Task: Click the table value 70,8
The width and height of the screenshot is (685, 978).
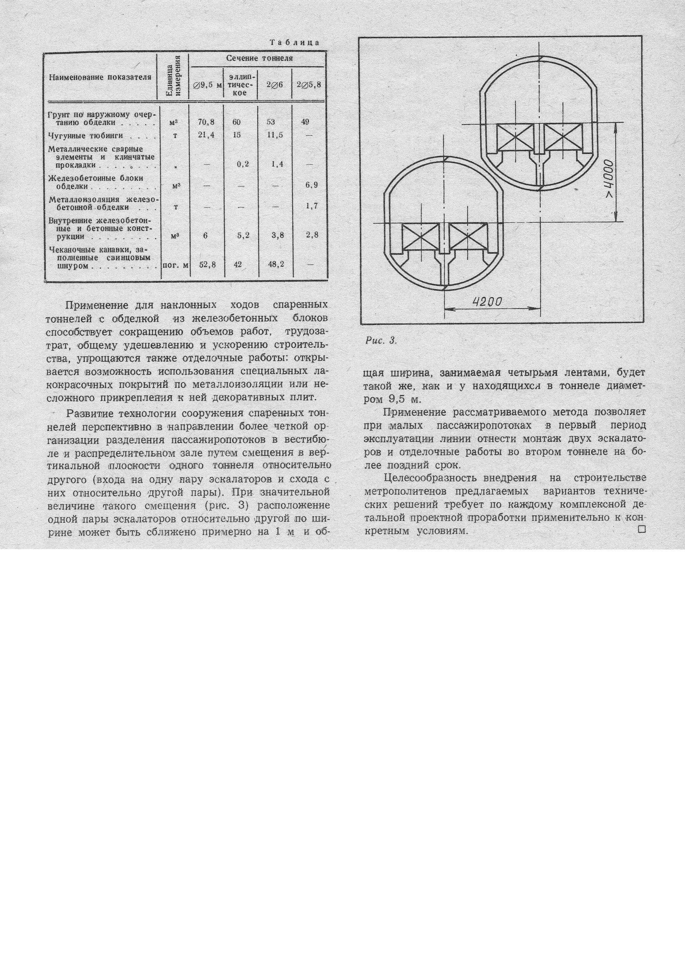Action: [206, 122]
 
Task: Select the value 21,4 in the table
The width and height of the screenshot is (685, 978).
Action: [206, 136]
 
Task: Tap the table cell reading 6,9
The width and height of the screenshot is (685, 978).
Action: [311, 185]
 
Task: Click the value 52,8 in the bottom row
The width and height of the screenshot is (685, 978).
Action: [207, 264]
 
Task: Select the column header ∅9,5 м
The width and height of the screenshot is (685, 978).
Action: [207, 85]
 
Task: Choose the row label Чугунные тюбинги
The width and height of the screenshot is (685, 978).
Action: [86, 136]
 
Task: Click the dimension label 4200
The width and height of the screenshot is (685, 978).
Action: [488, 302]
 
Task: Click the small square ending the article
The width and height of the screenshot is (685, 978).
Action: [642, 530]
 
